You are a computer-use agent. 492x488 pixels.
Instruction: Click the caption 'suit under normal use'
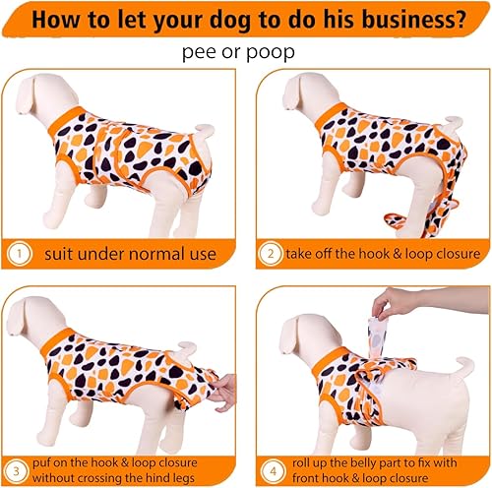coord(129,255)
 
